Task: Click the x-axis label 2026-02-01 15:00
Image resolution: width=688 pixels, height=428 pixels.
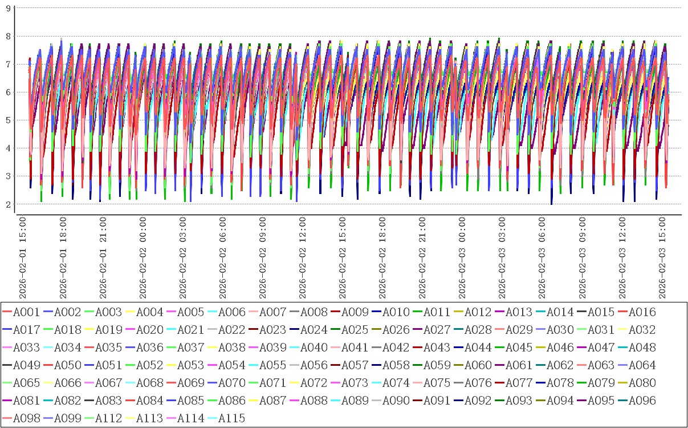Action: pyautogui.click(x=23, y=256)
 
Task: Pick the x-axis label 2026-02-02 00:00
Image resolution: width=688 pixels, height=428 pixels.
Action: pyautogui.click(x=143, y=256)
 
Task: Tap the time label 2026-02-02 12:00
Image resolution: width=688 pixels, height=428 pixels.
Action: pyautogui.click(x=302, y=256)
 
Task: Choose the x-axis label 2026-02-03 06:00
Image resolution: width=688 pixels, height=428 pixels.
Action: pyautogui.click(x=542, y=256)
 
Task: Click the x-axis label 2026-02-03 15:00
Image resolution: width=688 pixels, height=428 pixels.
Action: pyautogui.click(x=661, y=256)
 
